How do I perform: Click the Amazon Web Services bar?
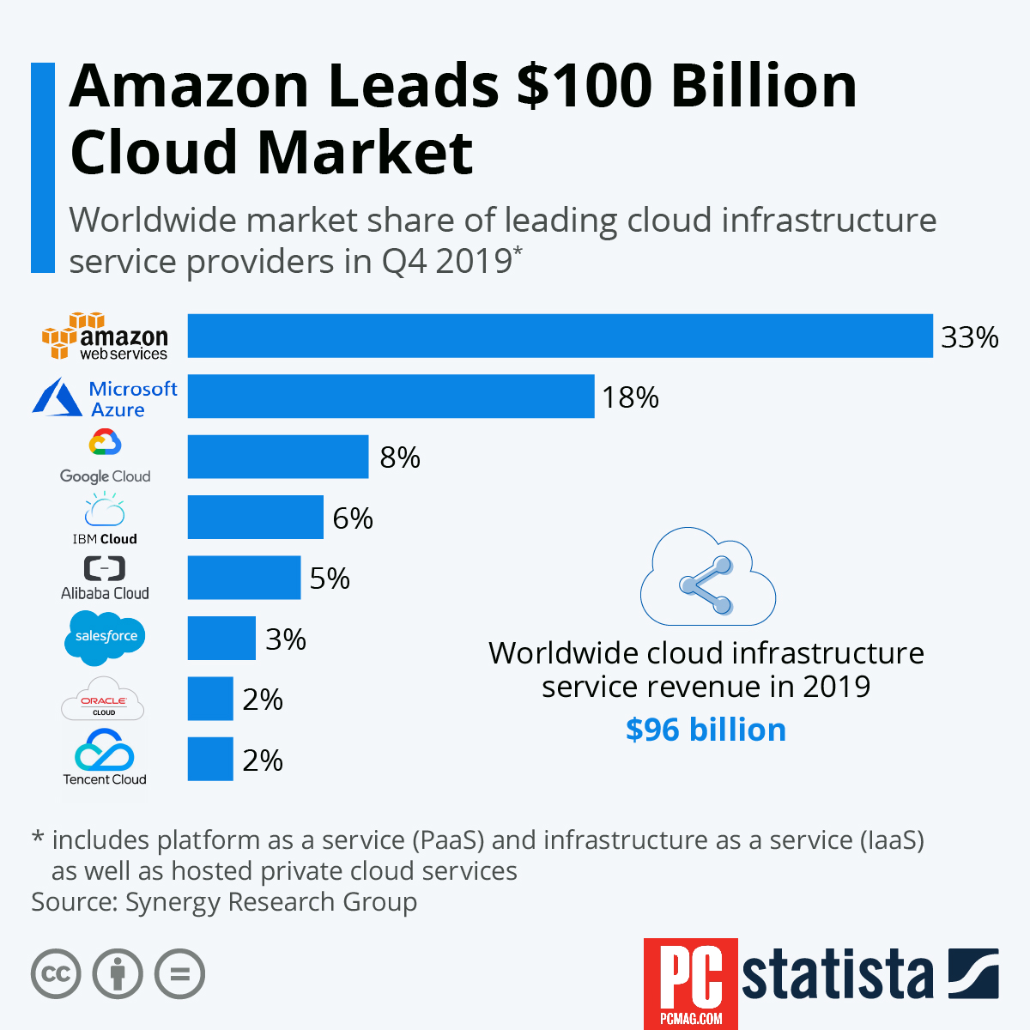pyautogui.click(x=560, y=336)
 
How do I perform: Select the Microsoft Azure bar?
pyautogui.click(x=391, y=397)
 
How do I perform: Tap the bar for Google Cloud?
pyautogui.click(x=278, y=457)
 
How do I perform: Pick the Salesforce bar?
pyautogui.click(x=221, y=638)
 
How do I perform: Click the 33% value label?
pyautogui.click(x=969, y=337)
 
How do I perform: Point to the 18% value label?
pyautogui.click(x=630, y=397)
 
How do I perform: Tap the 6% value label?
pyautogui.click(x=353, y=518)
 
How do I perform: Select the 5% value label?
pyautogui.click(x=330, y=579)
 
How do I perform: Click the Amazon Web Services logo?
pyautogui.click(x=105, y=336)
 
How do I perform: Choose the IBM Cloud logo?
pyautogui.click(x=105, y=518)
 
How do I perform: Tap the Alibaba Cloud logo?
pyautogui.click(x=105, y=579)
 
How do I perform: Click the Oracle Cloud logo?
pyautogui.click(x=103, y=700)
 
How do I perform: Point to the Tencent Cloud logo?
pyautogui.click(x=105, y=757)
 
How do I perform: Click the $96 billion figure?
pyautogui.click(x=706, y=730)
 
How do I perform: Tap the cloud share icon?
pyautogui.click(x=707, y=576)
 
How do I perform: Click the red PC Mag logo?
pyautogui.click(x=690, y=983)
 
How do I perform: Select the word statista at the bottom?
pyautogui.click(x=837, y=975)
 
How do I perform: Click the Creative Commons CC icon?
pyautogui.click(x=56, y=974)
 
